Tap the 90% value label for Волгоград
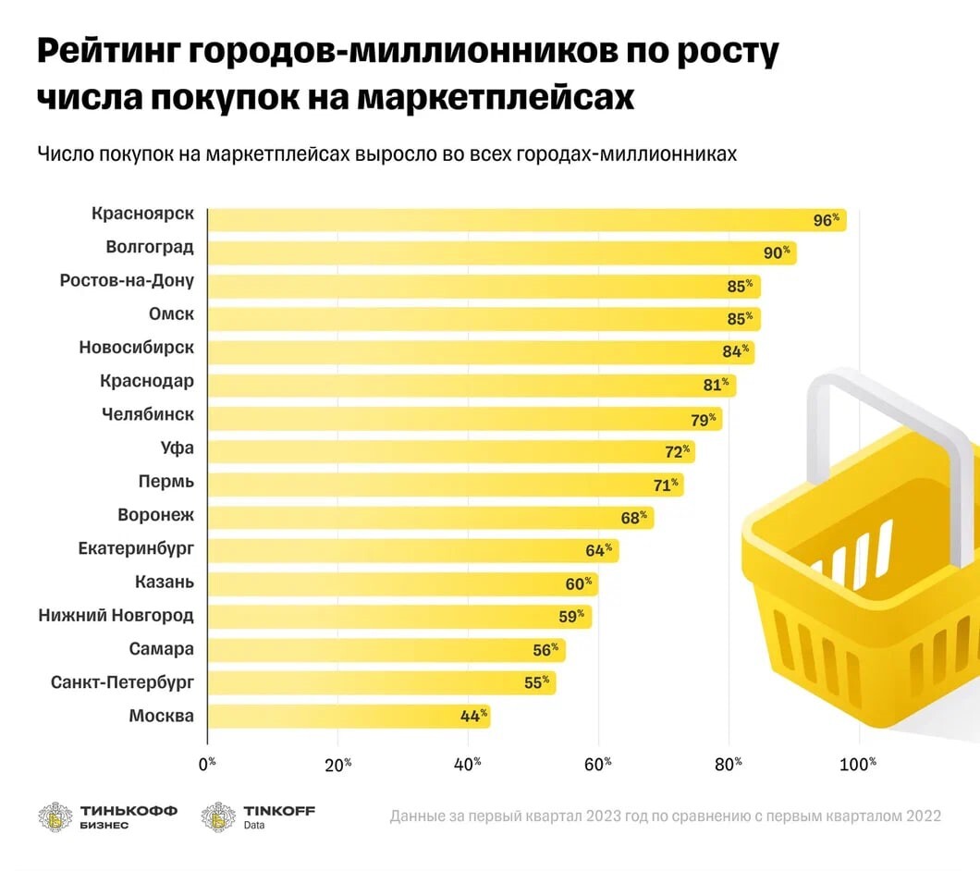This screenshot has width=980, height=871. tap(774, 252)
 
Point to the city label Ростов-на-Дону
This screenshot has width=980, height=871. tap(127, 280)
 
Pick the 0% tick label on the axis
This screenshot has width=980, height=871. tap(206, 764)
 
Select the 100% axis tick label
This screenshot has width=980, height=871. tap(858, 764)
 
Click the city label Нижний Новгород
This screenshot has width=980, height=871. tap(116, 616)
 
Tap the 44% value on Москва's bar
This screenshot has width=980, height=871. tap(474, 716)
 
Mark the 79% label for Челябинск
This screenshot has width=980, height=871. tap(704, 420)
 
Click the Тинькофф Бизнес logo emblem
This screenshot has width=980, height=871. tap(55, 817)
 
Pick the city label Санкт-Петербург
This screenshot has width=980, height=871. tap(122, 682)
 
